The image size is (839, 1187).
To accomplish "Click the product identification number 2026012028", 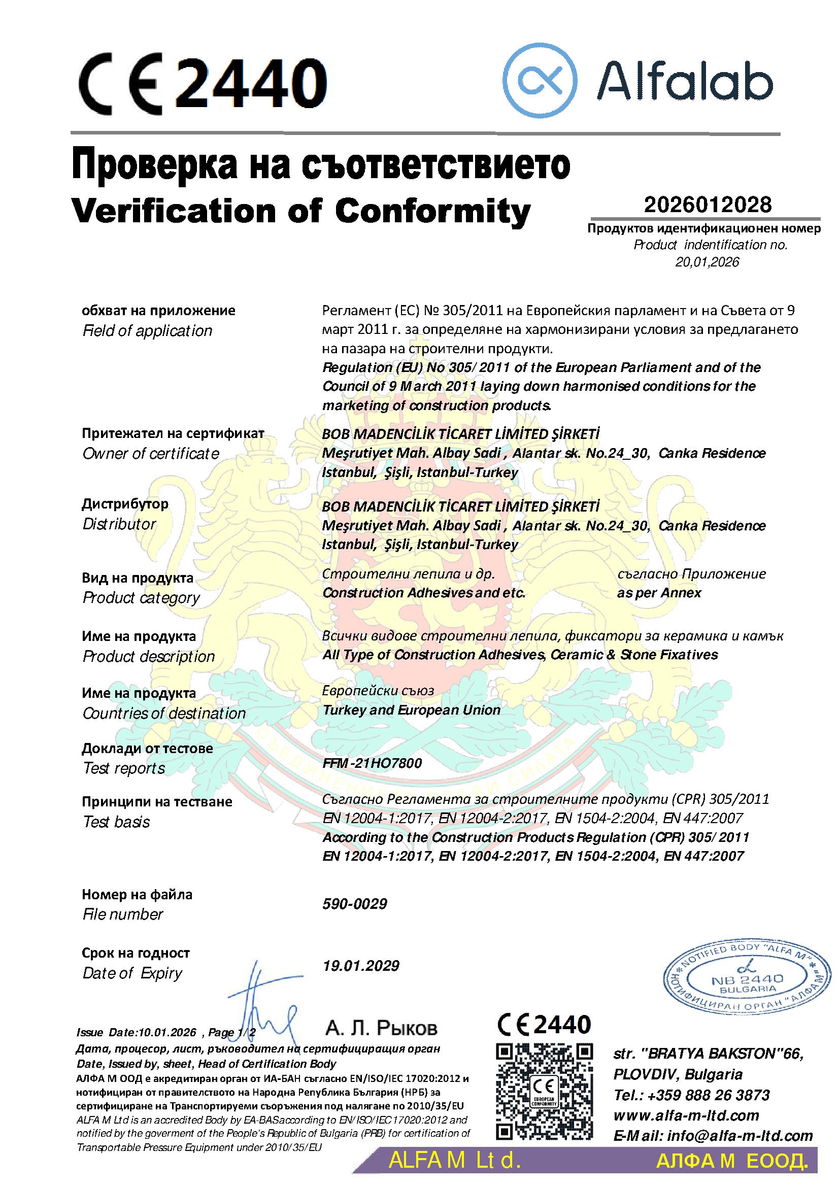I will click(x=707, y=204).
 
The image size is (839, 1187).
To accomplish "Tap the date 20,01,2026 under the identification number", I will click(x=707, y=262).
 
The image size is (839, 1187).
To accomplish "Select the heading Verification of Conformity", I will click(x=301, y=211).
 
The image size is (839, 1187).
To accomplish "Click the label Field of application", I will click(x=147, y=331).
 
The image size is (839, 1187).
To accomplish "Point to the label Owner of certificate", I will click(x=150, y=453).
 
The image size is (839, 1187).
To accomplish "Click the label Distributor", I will click(x=119, y=524).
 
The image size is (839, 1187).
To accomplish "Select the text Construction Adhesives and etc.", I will click(x=423, y=592).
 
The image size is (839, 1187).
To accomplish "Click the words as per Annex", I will click(x=659, y=592).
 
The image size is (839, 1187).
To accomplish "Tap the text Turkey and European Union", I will click(x=411, y=710).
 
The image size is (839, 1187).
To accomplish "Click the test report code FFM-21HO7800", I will click(x=372, y=763).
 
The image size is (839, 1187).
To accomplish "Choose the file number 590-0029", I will click(x=355, y=903).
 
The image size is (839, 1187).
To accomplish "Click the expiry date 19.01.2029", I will click(x=361, y=965).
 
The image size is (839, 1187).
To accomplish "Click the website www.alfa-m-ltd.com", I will click(x=686, y=1115).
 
